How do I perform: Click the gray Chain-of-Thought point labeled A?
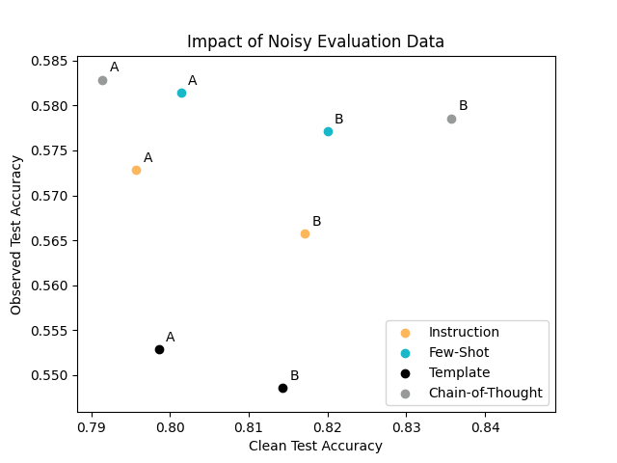[x=102, y=80]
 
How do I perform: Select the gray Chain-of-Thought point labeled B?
[x=451, y=119]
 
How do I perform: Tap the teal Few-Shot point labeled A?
[x=181, y=93]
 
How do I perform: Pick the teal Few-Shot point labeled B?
[x=328, y=131]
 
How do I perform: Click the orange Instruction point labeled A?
[x=136, y=170]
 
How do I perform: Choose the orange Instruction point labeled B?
[x=305, y=233]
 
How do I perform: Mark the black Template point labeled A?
[x=159, y=349]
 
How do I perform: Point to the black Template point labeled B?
[x=282, y=388]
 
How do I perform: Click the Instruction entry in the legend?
[x=464, y=333]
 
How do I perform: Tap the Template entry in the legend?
[x=459, y=372]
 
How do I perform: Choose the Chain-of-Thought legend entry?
[x=485, y=393]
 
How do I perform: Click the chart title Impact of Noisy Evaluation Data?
[x=315, y=41]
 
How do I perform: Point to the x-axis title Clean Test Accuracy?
[x=315, y=446]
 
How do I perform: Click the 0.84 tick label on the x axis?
[x=485, y=425]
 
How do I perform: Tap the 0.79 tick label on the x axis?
[x=92, y=425]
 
